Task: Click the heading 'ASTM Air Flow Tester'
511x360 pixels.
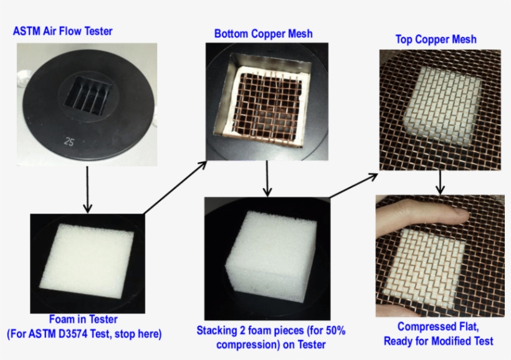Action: click(x=62, y=31)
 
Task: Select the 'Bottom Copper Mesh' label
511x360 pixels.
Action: click(x=263, y=33)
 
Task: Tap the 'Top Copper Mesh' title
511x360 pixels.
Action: click(x=436, y=40)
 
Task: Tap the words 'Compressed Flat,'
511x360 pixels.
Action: click(x=437, y=328)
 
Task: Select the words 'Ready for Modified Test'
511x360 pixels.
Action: click(x=438, y=341)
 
